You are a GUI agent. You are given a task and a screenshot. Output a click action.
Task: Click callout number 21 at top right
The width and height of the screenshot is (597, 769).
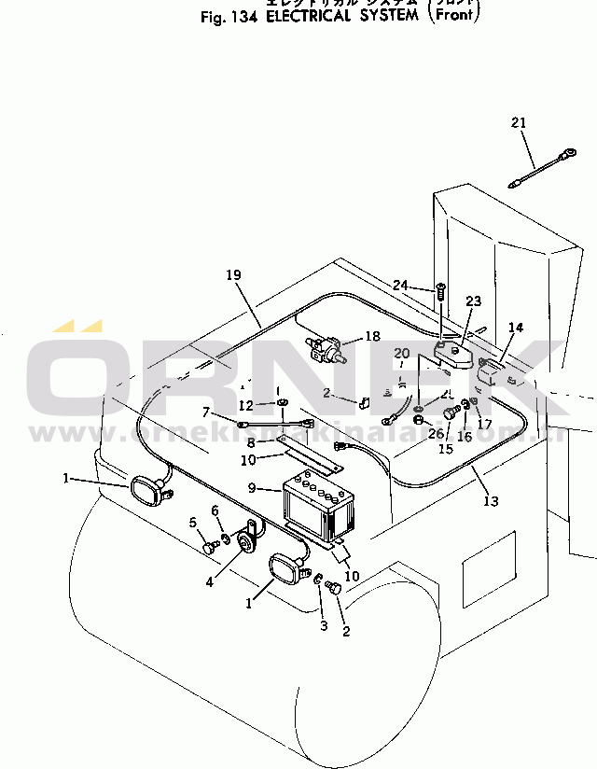click(519, 123)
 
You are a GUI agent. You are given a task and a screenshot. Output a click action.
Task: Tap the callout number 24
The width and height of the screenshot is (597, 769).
click(400, 286)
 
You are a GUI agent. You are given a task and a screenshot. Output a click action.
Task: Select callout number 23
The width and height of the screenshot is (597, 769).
click(474, 301)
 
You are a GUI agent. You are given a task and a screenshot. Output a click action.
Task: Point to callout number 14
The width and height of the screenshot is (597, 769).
click(516, 328)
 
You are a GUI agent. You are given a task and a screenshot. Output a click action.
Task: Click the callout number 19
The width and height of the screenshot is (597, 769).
click(233, 275)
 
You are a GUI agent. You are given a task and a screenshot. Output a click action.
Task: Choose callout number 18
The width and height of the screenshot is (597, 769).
click(372, 336)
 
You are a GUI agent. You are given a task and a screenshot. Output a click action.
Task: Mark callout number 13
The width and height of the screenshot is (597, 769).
click(491, 500)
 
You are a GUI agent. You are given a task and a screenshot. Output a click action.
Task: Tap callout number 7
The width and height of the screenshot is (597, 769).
click(206, 412)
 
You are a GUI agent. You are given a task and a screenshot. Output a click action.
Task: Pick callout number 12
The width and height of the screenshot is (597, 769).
click(245, 405)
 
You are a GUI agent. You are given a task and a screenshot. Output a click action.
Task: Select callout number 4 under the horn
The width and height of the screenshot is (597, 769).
click(209, 581)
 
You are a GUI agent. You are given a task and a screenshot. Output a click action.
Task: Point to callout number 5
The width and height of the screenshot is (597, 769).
click(194, 522)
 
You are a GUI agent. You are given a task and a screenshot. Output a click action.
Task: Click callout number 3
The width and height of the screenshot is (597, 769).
click(324, 625)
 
